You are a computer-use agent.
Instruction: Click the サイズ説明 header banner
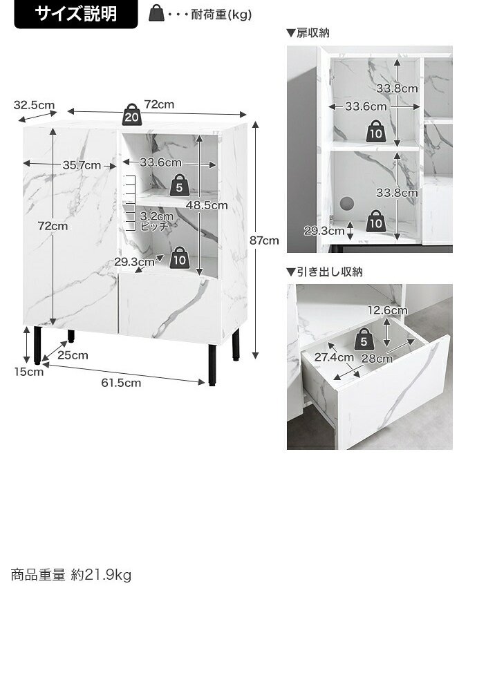click(76, 14)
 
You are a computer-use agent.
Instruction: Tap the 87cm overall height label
click(264, 240)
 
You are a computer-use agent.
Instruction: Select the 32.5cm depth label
click(34, 105)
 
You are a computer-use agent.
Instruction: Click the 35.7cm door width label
click(82, 165)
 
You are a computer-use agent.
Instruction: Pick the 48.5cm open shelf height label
click(206, 205)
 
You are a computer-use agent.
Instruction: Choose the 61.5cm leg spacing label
click(121, 383)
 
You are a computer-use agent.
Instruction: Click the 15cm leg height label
click(28, 372)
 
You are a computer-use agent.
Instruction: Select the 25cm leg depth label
click(73, 355)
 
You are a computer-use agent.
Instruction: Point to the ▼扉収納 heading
click(308, 33)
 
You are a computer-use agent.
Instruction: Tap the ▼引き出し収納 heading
click(324, 272)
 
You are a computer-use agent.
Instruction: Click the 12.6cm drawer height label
click(388, 310)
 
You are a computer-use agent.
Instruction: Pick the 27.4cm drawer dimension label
click(334, 357)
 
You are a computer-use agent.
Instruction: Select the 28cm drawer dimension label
click(377, 359)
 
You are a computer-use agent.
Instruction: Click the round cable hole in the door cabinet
click(346, 203)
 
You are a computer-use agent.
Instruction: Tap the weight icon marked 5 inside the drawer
click(364, 339)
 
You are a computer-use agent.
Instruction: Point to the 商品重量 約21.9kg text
click(71, 575)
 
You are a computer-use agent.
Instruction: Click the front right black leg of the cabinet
click(212, 364)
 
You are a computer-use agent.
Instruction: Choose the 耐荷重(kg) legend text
click(221, 15)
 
